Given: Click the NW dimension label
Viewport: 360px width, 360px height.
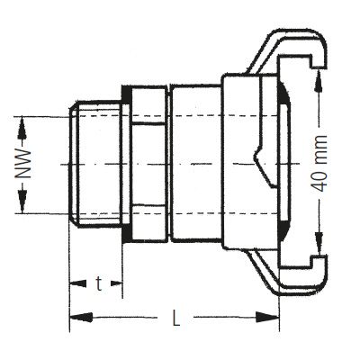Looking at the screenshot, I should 27,165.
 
